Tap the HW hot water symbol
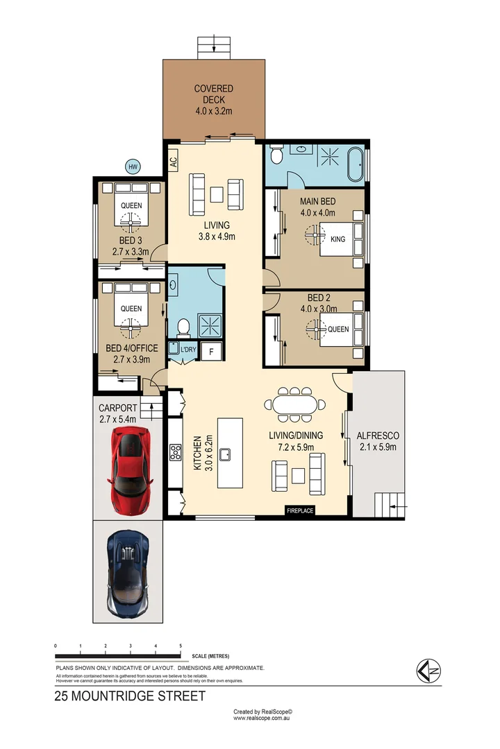(x=132, y=166)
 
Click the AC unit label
(x=174, y=162)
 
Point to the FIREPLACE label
(x=300, y=511)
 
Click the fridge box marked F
(x=211, y=352)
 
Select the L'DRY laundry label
(x=187, y=351)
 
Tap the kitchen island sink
(x=226, y=454)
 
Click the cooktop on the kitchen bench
(x=175, y=453)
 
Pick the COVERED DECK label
(x=214, y=99)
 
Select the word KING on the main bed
(x=338, y=239)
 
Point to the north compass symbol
(x=428, y=671)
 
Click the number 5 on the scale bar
(x=181, y=646)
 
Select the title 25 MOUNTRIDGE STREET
(x=130, y=696)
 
